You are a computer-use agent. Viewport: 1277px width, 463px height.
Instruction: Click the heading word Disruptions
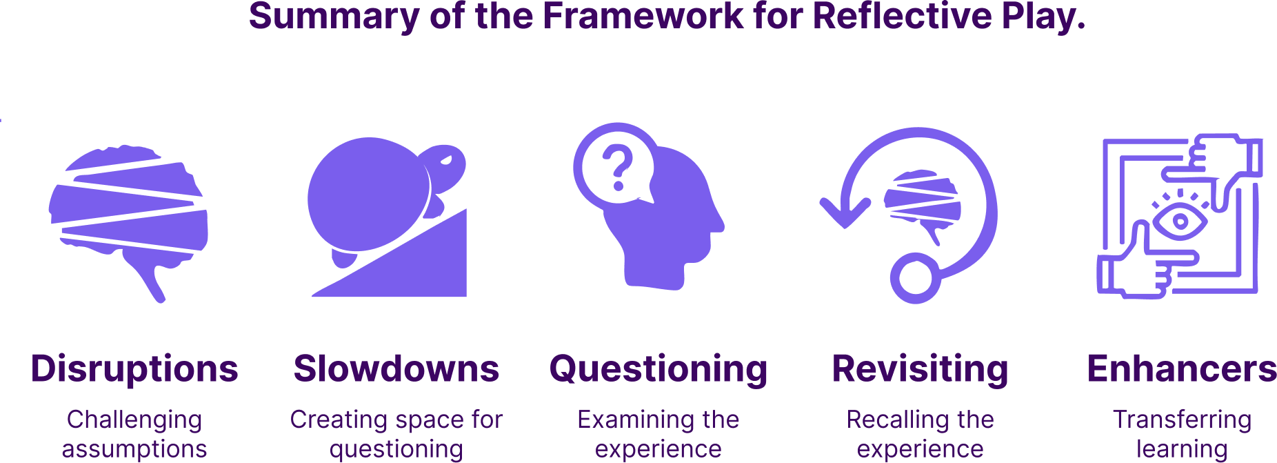coord(134,369)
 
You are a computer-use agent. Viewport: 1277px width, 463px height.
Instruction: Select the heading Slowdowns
coord(396,369)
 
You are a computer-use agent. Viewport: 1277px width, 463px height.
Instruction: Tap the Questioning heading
coord(658,369)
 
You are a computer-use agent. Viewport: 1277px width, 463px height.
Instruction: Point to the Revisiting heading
coord(920,369)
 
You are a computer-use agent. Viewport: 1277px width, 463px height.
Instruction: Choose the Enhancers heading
coord(1181,369)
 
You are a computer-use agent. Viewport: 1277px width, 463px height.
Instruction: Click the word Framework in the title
coord(643,16)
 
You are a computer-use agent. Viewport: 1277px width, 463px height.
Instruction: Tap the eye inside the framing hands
coord(1180,221)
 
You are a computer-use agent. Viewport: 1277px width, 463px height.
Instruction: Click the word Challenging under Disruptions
coord(134,420)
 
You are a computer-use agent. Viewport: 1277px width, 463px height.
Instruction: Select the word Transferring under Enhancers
coord(1182,420)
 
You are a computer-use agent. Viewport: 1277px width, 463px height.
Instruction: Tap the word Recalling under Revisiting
coord(886,420)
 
